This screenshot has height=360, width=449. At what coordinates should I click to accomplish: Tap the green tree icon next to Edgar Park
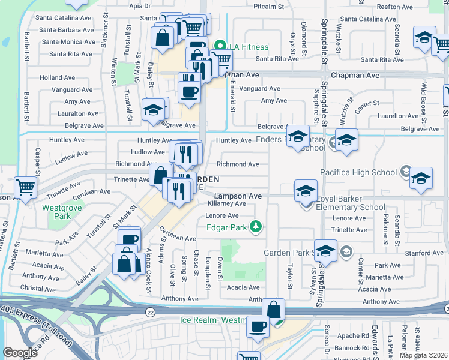coord(256,226)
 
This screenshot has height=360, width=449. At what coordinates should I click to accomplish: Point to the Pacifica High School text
coord(359,172)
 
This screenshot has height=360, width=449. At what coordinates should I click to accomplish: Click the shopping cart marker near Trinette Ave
coord(25,187)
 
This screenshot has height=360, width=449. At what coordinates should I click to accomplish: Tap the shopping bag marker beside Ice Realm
coord(273,310)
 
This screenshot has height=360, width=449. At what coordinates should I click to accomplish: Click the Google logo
coord(20,352)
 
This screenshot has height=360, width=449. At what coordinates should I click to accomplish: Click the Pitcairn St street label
coord(268,7)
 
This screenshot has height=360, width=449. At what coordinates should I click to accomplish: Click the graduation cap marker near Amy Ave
coord(154,110)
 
